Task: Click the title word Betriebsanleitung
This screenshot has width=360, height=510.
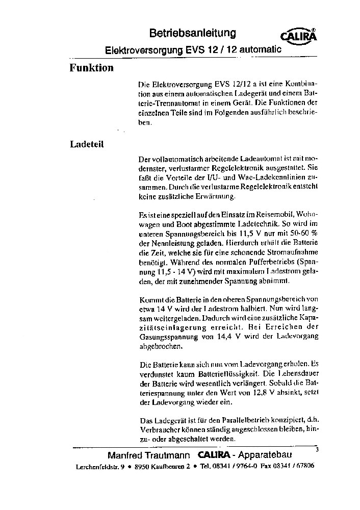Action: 192,34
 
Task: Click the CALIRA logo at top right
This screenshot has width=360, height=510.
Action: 299,36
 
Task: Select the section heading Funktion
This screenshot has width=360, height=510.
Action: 91,68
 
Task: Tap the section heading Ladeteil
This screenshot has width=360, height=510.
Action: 87,144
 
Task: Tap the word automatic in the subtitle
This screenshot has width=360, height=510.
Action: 260,50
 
